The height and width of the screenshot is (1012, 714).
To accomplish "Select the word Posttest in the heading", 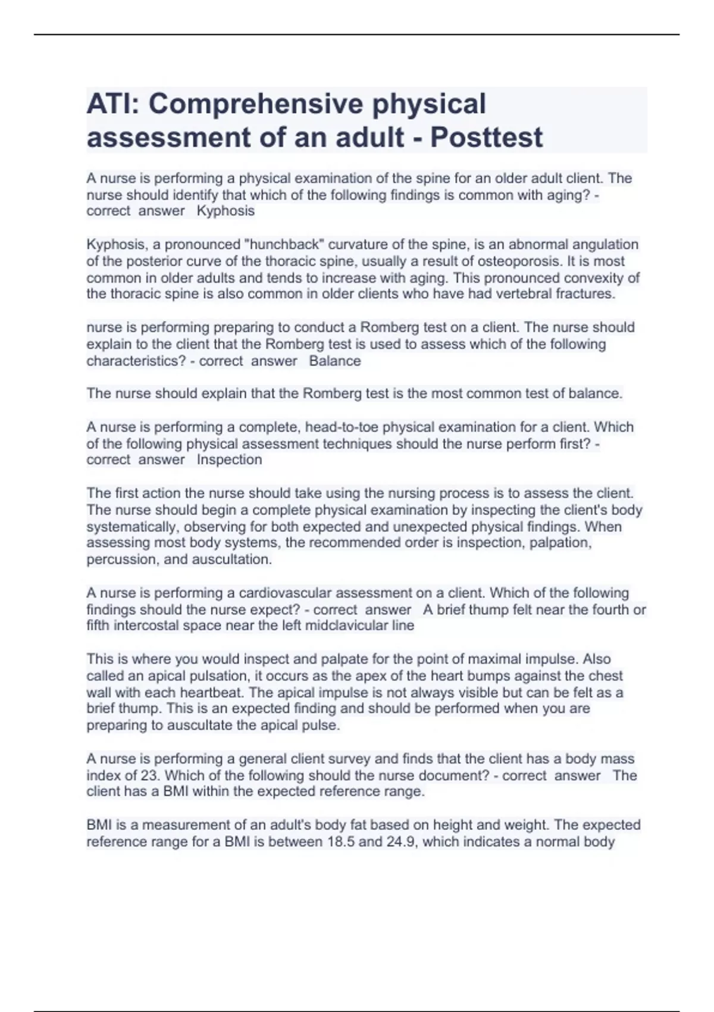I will [x=486, y=138].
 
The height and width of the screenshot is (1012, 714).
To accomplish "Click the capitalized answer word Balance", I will [x=335, y=361].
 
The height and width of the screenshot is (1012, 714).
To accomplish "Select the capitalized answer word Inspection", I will [x=229, y=460].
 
